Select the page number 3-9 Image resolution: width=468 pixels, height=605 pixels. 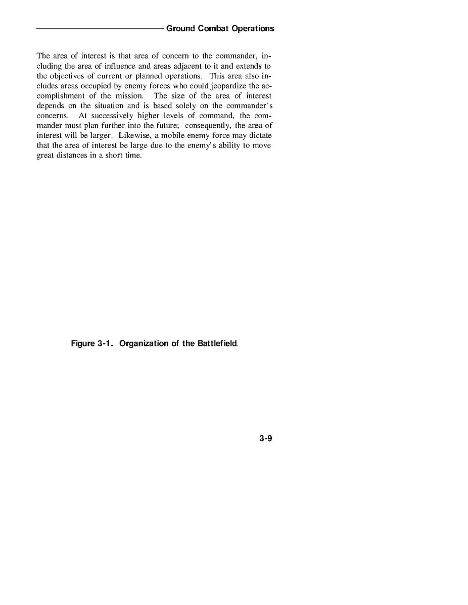pyautogui.click(x=266, y=438)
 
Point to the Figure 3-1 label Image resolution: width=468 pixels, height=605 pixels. pyautogui.click(x=92, y=344)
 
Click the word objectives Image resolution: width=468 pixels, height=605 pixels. pyautogui.click(x=66, y=76)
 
